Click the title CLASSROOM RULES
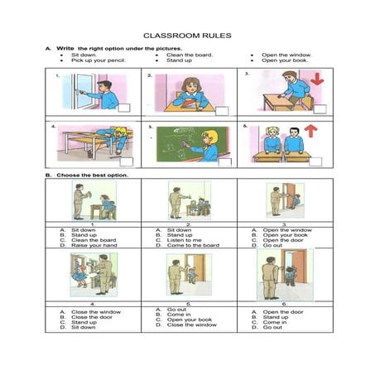[x=186, y=36]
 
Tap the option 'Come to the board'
[x=190, y=246]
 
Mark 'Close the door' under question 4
[x=89, y=317]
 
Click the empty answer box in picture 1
[x=125, y=108]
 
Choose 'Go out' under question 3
[x=272, y=246]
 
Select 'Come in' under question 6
[x=274, y=322]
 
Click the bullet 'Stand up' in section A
[x=179, y=60]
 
